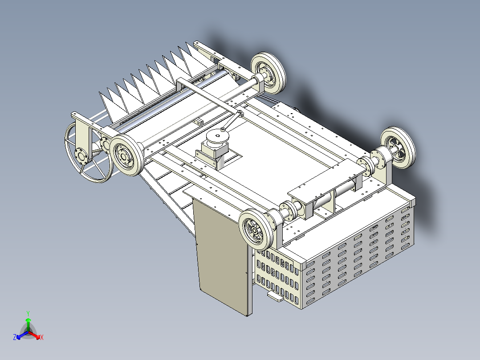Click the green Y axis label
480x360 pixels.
coord(28,313)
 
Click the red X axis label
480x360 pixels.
coord(42,337)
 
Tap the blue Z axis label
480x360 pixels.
coord(15,337)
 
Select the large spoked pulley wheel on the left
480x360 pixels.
coord(88,153)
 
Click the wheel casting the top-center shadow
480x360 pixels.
coord(268,73)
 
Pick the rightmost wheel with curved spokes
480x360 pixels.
coord(398,147)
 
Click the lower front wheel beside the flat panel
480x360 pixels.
coord(256,229)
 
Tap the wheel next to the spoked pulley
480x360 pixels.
coord(126,155)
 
